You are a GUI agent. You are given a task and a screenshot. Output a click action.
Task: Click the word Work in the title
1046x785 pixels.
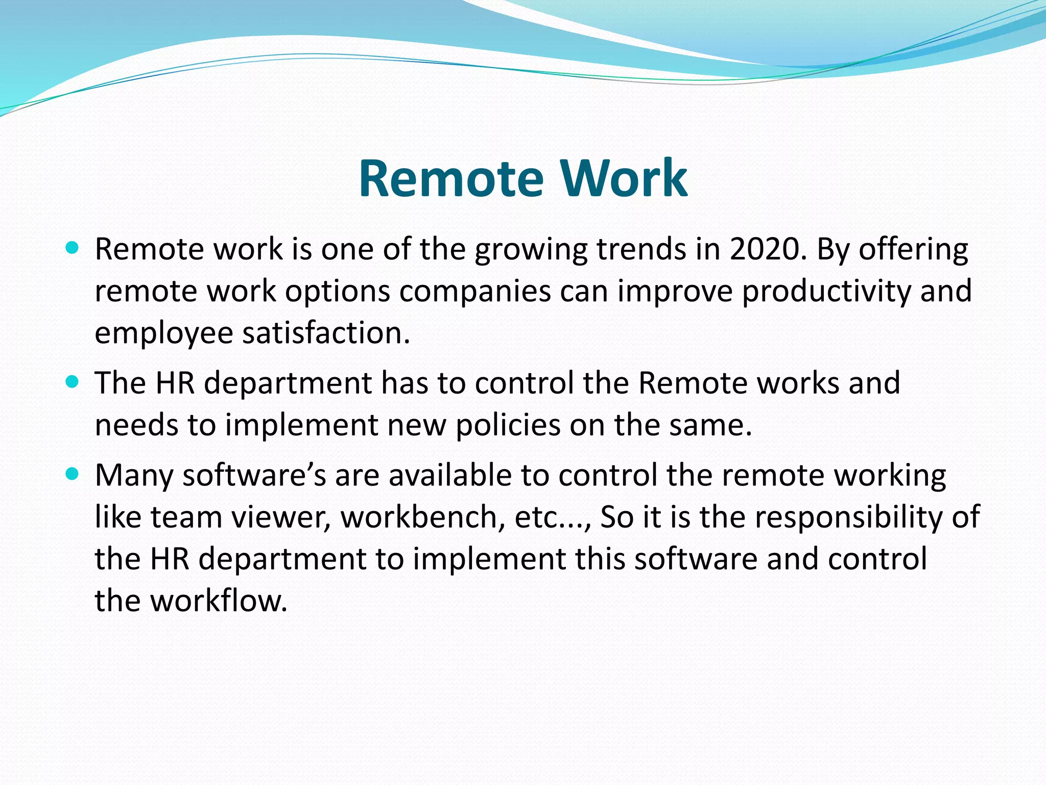(x=624, y=178)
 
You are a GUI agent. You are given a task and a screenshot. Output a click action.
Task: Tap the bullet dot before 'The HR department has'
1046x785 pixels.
(x=73, y=382)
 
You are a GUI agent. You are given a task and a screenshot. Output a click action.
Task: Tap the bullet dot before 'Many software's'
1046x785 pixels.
(x=73, y=475)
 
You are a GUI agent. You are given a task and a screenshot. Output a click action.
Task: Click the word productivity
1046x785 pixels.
(x=826, y=291)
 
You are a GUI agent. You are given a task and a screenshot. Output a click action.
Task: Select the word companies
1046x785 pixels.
(x=474, y=291)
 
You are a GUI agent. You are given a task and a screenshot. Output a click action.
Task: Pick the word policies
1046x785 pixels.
(x=508, y=425)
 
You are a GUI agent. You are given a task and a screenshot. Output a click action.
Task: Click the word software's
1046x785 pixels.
(x=254, y=476)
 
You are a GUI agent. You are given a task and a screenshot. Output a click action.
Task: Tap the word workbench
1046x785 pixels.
(x=419, y=517)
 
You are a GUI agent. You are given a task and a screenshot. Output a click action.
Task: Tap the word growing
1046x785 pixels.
(x=531, y=250)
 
